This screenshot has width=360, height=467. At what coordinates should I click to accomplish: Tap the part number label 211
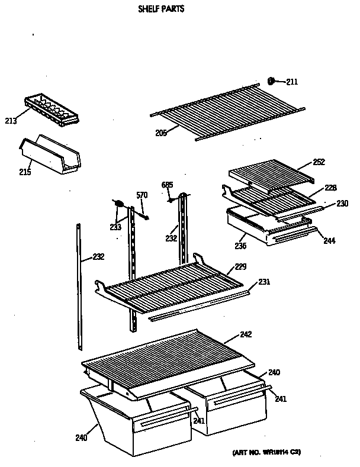tap(292, 82)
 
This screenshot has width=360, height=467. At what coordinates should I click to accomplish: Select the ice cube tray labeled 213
tap(52, 109)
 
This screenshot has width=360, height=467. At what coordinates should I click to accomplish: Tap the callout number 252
tap(318, 162)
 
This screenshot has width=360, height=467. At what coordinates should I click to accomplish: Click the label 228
tap(330, 188)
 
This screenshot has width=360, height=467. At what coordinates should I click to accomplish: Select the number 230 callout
tap(342, 203)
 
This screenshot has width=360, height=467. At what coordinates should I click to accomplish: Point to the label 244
tap(329, 240)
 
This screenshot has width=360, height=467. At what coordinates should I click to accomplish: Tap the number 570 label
tap(142, 196)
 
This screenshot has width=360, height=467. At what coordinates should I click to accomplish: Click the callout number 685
tap(168, 185)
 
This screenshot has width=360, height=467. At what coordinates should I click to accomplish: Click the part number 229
tap(241, 266)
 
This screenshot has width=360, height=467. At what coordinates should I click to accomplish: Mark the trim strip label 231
tap(264, 282)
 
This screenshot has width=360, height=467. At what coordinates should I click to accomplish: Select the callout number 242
tap(245, 334)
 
